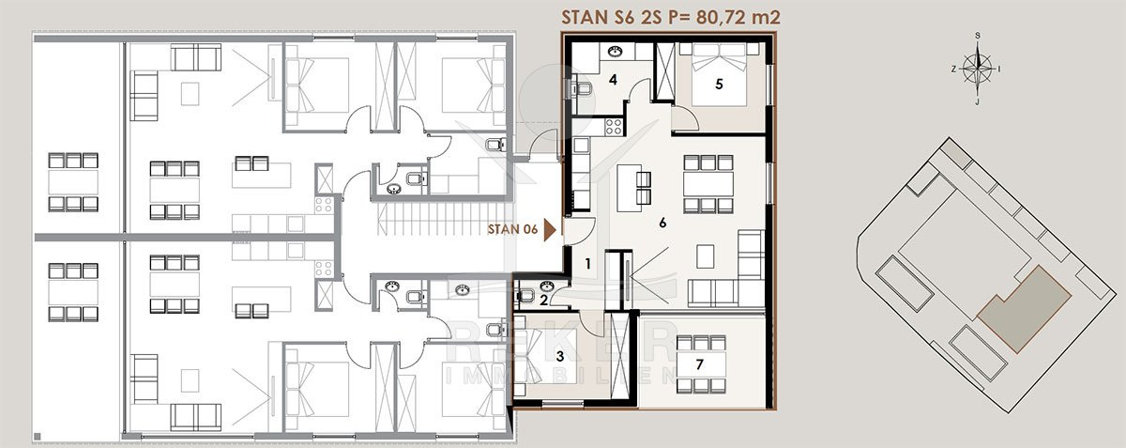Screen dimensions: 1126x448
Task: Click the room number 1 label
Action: click(x=587, y=263)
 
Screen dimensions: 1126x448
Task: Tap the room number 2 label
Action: click(x=544, y=301)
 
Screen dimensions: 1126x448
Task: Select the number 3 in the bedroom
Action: click(x=560, y=356)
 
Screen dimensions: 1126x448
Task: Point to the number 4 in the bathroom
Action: click(x=613, y=79)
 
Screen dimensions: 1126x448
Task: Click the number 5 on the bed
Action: click(x=719, y=85)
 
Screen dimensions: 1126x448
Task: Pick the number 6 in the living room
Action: click(x=662, y=222)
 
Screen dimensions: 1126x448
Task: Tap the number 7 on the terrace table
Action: click(x=700, y=363)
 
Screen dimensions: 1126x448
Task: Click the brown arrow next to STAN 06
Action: click(x=551, y=229)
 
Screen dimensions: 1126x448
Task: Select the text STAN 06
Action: click(x=512, y=229)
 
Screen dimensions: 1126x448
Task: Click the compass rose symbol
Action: click(x=977, y=70)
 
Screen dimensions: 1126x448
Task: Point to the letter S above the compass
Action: click(x=978, y=36)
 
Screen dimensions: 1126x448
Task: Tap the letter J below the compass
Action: click(x=977, y=102)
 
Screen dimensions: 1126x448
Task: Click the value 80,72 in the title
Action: click(x=717, y=18)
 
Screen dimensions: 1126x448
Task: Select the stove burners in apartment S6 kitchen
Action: click(x=614, y=127)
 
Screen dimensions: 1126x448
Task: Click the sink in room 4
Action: click(x=615, y=52)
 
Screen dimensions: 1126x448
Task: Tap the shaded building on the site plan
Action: click(x=1025, y=309)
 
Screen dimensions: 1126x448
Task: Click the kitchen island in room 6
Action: click(x=629, y=188)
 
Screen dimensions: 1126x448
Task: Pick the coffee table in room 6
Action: click(x=706, y=256)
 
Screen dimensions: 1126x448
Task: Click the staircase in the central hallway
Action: click(x=443, y=219)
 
